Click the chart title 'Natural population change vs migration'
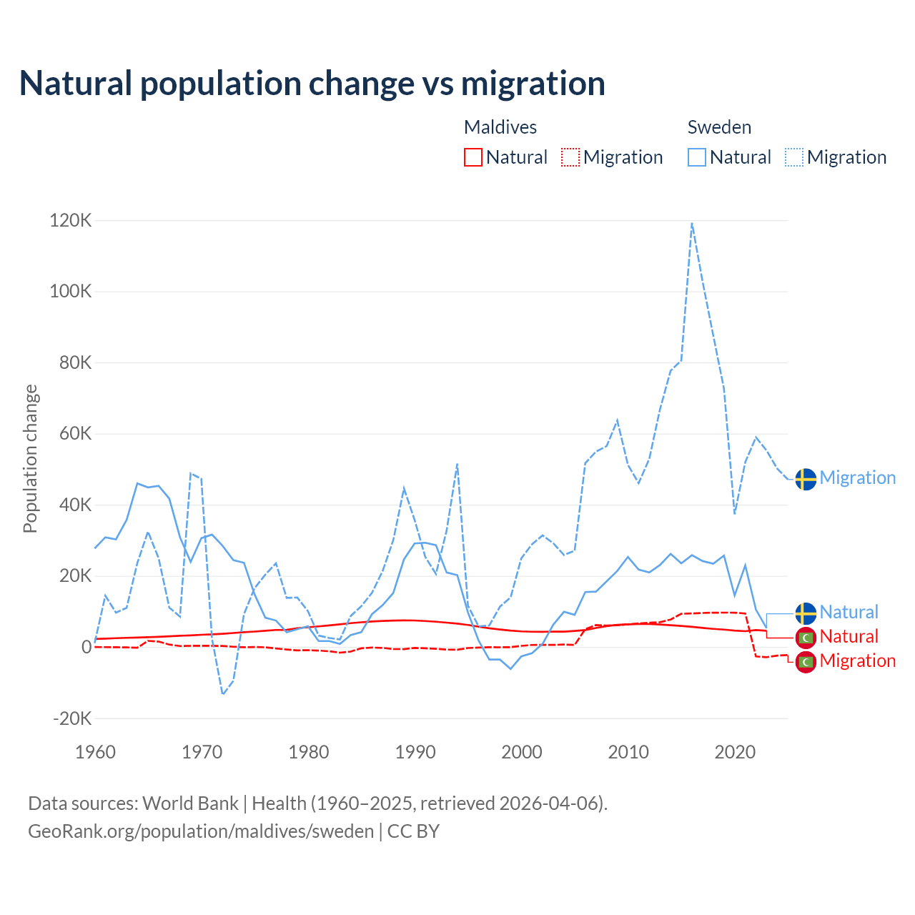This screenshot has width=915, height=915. point(312,84)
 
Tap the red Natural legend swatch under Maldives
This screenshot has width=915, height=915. point(473,157)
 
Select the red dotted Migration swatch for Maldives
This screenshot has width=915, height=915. point(570,157)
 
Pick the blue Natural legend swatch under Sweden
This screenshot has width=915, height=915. point(697,157)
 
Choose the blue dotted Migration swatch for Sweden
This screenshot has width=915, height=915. point(794,157)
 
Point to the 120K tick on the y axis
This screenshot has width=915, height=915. point(71,221)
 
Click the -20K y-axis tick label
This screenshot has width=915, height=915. point(72,718)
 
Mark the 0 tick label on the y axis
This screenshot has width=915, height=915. point(86,647)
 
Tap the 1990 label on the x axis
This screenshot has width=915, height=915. point(415,752)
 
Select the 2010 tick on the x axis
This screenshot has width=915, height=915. point(628,752)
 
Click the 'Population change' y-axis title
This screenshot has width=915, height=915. point(30,459)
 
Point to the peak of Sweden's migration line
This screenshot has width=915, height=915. point(692,224)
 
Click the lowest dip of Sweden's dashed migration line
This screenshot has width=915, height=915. point(223,693)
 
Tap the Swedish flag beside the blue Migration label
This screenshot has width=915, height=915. point(806,478)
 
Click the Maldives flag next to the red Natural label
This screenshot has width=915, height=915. point(806,637)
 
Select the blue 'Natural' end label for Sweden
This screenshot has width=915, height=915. point(849,613)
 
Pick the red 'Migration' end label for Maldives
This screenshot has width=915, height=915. point(857,661)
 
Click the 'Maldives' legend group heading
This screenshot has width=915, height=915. point(500,127)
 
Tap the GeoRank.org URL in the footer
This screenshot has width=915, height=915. point(201,831)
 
